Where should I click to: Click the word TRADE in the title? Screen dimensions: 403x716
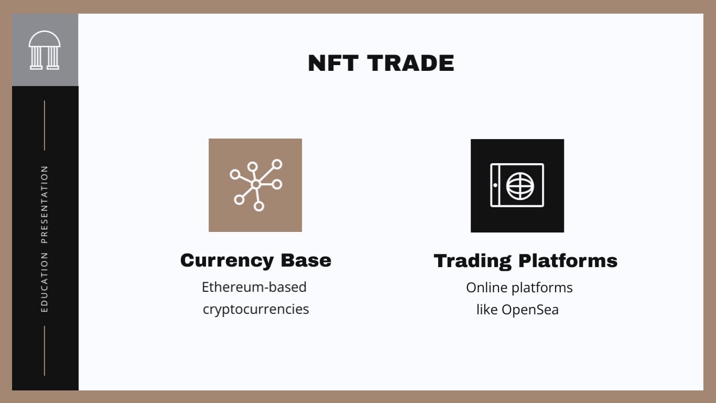click(410, 63)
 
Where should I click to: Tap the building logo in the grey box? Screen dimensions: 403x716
click(45, 50)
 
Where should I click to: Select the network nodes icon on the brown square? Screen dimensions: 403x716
click(255, 185)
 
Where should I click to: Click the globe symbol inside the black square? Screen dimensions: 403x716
click(520, 185)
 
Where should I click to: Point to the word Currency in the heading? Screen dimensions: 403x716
click(226, 260)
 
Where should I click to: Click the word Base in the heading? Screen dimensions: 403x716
click(306, 260)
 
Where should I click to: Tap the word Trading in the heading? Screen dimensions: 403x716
click(472, 261)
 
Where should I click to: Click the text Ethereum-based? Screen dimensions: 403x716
click(254, 287)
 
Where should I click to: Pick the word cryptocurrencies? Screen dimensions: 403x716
click(256, 309)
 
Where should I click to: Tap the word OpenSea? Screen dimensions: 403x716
click(530, 310)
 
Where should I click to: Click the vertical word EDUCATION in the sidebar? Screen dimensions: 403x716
click(45, 282)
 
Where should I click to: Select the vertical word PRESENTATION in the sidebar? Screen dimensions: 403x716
click(45, 205)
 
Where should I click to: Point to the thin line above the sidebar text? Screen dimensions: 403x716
click(45, 125)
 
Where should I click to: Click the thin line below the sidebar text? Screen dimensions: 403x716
click(45, 351)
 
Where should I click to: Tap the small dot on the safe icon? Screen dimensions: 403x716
click(495, 185)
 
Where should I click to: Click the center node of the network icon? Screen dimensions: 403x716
click(256, 184)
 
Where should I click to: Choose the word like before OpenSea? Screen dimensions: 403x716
click(487, 310)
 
